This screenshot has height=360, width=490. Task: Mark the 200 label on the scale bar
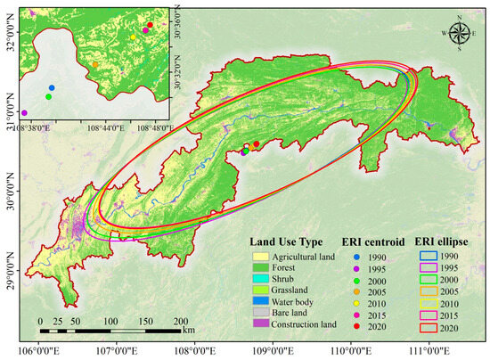pyautogui.click(x=181, y=320)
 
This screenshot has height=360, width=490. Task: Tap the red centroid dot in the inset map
pyautogui.click(x=150, y=26)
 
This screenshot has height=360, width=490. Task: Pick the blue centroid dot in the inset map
pyautogui.click(x=52, y=87)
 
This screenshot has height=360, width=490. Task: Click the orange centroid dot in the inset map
pyautogui.click(x=95, y=64)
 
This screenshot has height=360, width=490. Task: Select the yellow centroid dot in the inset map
pyautogui.click(x=133, y=37)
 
